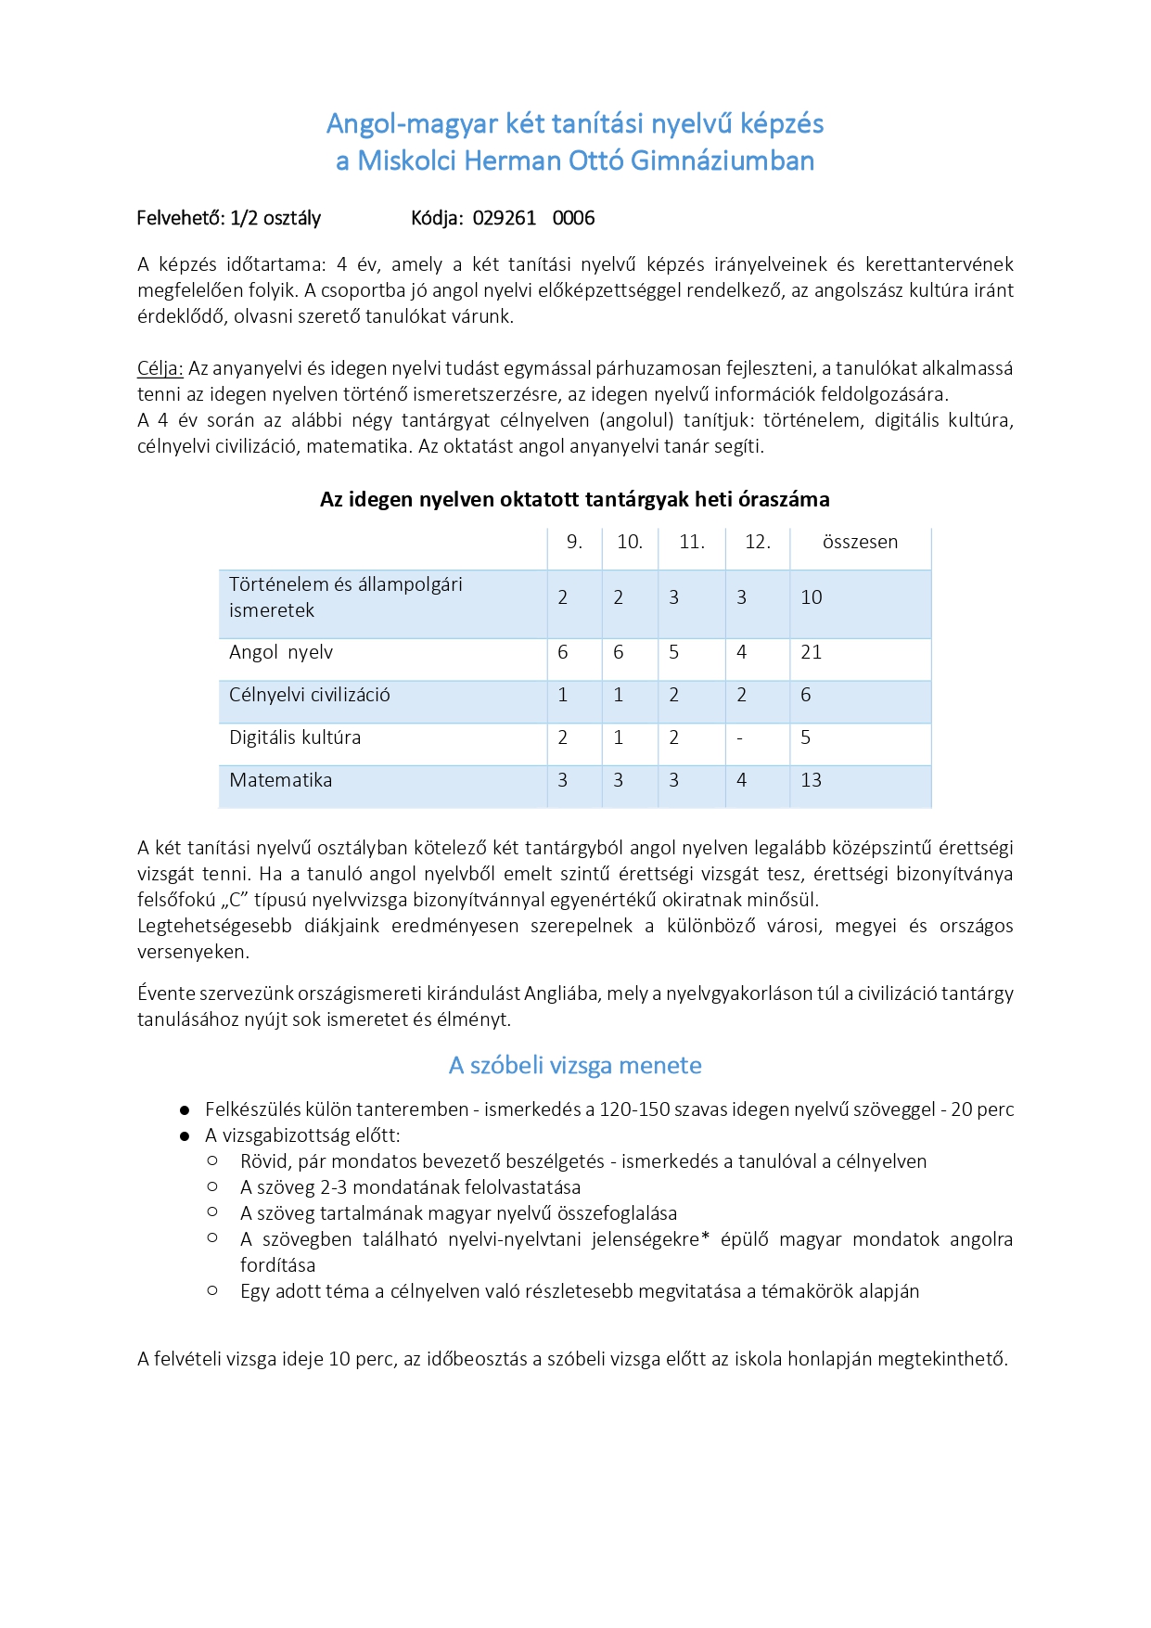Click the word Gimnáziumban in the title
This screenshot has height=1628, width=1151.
click(722, 161)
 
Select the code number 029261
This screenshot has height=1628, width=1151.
click(505, 218)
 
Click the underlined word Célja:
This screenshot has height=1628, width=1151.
click(160, 368)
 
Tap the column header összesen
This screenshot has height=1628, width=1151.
click(860, 543)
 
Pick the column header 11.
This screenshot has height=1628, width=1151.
click(692, 543)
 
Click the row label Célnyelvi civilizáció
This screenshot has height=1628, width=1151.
click(310, 696)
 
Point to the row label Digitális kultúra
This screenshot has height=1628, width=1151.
click(295, 738)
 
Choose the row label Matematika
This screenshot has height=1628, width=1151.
click(281, 781)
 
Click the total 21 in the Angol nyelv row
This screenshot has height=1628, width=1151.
click(812, 653)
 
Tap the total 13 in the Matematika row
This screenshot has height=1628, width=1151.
click(812, 781)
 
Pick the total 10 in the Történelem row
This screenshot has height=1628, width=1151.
click(812, 598)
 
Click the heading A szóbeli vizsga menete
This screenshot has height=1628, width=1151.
click(575, 1066)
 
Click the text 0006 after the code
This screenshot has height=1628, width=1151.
click(573, 218)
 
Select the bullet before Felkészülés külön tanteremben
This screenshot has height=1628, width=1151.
click(185, 1110)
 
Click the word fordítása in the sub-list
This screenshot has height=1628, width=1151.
click(277, 1266)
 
